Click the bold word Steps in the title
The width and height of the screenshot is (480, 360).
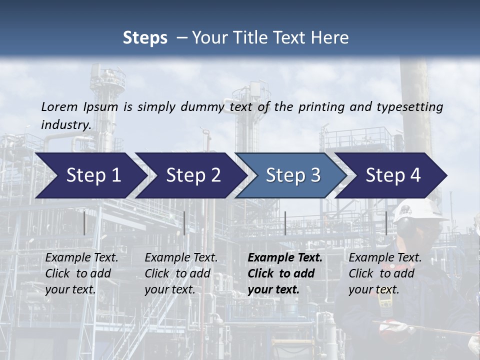[x=145, y=38]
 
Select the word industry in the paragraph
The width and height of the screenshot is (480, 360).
[x=65, y=124]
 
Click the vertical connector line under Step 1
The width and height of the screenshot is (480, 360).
[x=84, y=223]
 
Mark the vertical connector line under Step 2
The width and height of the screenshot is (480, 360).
[x=184, y=223]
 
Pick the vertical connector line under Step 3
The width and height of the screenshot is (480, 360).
[x=285, y=223]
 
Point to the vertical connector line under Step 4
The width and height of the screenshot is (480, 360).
[x=386, y=223]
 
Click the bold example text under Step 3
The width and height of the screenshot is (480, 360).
[x=284, y=273]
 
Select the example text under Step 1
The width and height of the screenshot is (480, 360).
[x=81, y=273]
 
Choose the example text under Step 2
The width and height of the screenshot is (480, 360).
[x=180, y=273]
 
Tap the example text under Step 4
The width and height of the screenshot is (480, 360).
[x=384, y=273]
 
